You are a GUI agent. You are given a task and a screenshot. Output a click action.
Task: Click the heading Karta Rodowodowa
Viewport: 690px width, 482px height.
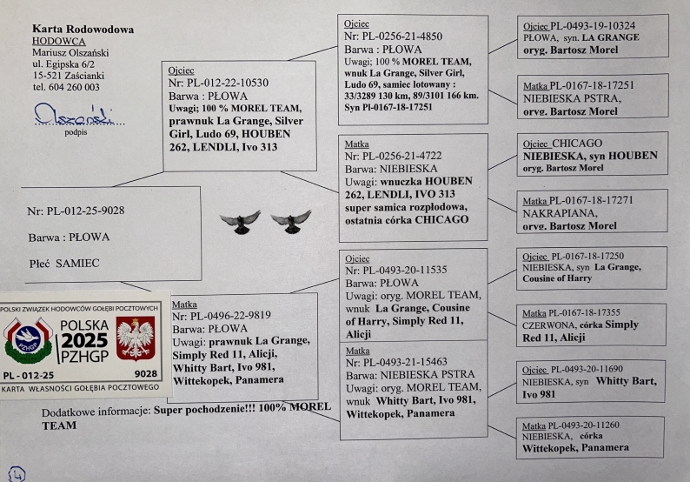point(83,30)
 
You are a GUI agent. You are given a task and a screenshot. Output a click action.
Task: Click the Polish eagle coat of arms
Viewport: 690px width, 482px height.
point(135,339)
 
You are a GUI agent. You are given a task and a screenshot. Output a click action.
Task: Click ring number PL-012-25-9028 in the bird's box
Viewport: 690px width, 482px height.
point(76,211)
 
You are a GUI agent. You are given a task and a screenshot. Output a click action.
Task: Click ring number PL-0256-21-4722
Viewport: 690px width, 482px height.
point(397,157)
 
